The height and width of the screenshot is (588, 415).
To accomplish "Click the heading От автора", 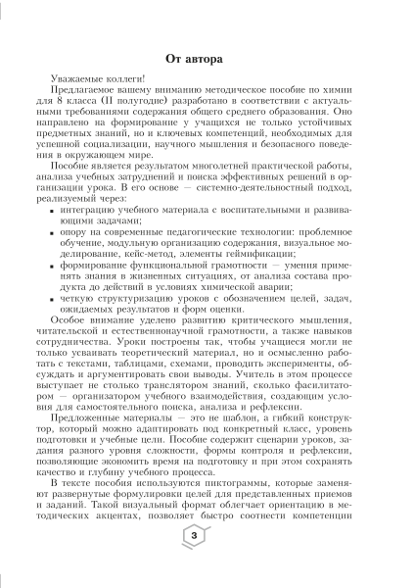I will pos(207,58).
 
